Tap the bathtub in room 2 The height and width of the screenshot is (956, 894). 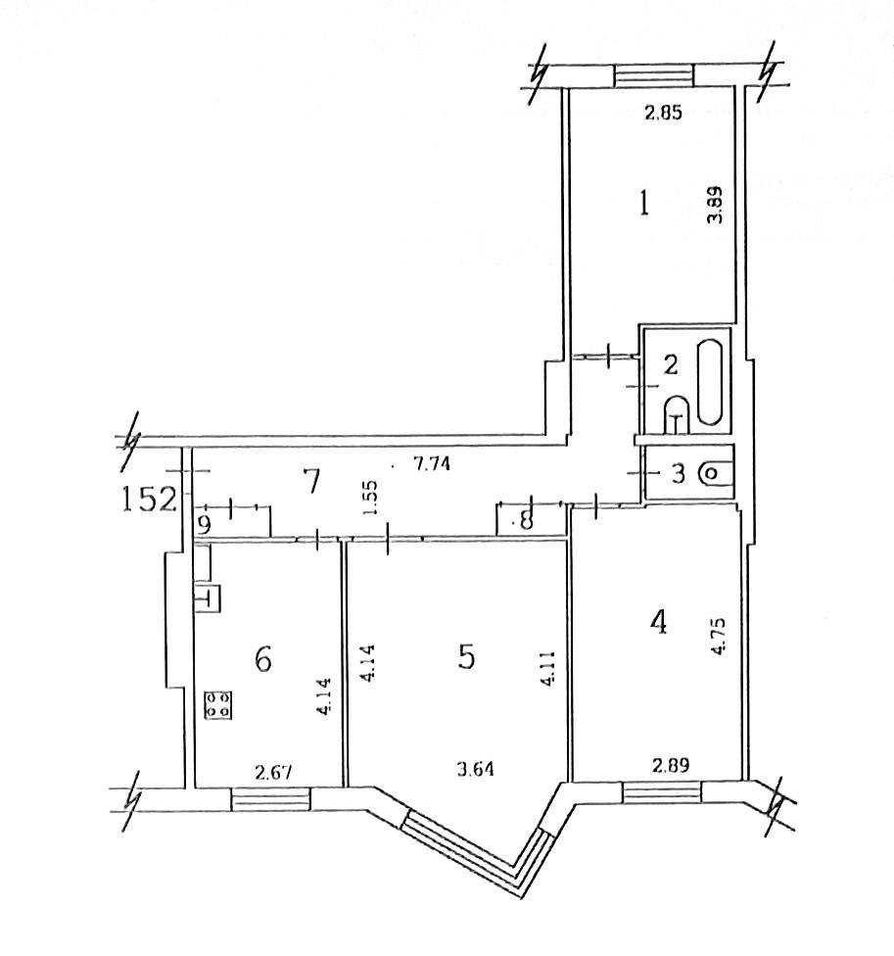tap(710, 382)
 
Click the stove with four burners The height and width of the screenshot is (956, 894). tap(218, 704)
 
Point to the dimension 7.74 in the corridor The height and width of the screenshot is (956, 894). tap(432, 464)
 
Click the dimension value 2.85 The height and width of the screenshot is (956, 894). tap(663, 113)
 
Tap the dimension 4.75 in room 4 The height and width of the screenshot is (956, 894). tap(719, 636)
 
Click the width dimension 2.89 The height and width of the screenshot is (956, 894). tap(671, 765)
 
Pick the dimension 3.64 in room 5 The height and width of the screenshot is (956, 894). tap(475, 770)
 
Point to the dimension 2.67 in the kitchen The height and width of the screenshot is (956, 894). tap(273, 773)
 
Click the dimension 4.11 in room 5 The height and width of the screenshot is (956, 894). tap(548, 669)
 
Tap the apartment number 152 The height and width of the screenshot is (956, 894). tap(149, 499)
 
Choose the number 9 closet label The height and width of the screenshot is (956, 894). tap(205, 525)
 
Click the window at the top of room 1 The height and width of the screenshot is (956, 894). tap(653, 75)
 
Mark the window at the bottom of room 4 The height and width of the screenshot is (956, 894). tap(662, 792)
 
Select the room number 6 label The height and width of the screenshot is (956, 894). tap(262, 658)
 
